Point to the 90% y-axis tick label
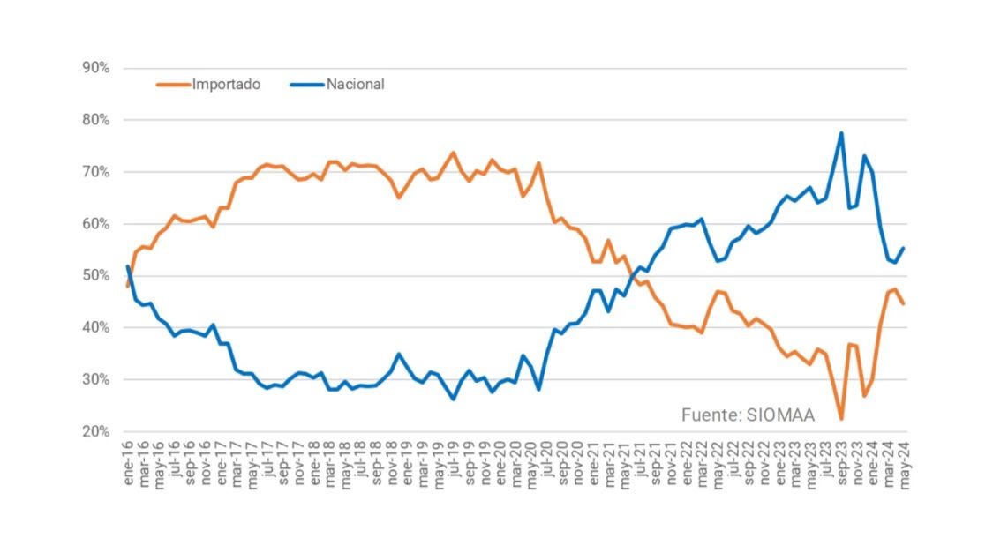pos(95,68)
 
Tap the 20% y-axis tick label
pos(95,432)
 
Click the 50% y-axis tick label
pos(95,276)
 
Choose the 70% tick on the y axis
pos(95,172)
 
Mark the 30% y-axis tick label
pos(95,380)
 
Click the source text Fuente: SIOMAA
pos(748,414)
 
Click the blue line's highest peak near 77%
pos(841,133)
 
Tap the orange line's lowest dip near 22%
pos(841,419)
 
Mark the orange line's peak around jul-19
pos(454,153)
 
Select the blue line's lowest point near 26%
pos(454,399)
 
